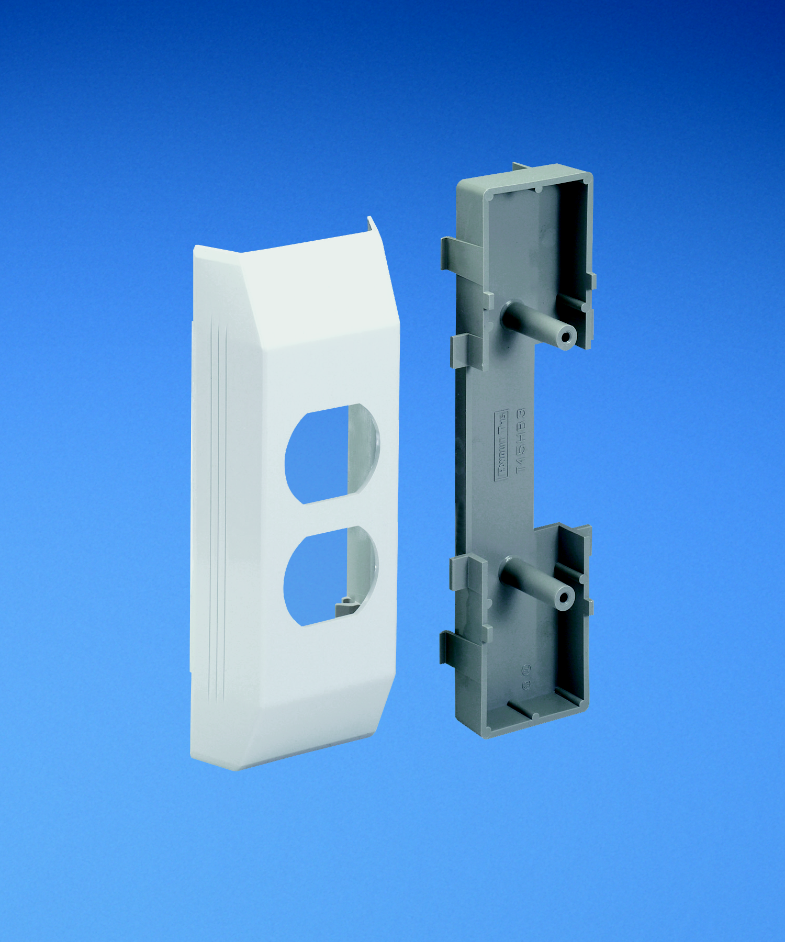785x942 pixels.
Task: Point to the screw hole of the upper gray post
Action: (x=565, y=335)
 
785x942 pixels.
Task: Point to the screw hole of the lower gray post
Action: (x=564, y=597)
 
